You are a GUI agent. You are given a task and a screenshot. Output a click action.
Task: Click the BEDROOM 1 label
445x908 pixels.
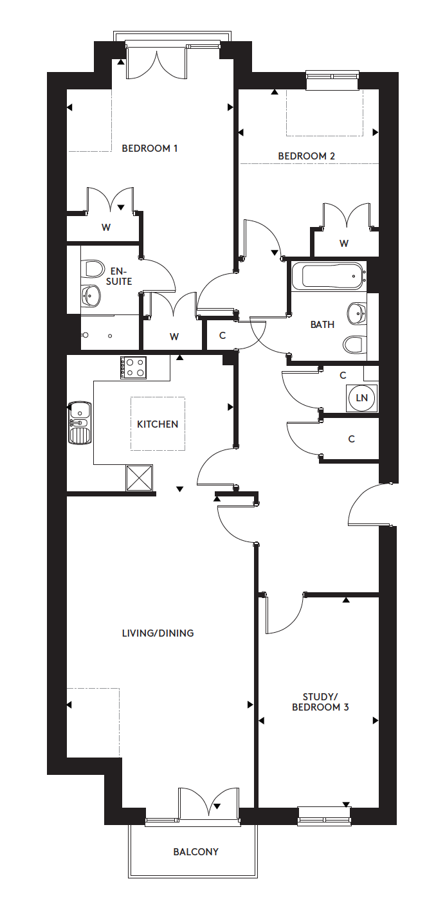point(150,149)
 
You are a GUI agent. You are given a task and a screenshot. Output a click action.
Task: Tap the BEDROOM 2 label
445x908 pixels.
point(306,156)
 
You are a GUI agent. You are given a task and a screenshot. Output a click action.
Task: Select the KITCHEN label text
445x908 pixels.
point(158,424)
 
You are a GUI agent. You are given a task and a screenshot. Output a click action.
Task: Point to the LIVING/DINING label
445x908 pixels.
point(158,633)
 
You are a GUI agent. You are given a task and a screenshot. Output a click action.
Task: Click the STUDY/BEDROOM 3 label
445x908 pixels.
point(320,702)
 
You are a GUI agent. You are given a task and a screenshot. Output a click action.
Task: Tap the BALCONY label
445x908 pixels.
point(195,852)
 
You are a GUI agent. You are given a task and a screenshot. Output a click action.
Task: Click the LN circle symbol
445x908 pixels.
point(362,398)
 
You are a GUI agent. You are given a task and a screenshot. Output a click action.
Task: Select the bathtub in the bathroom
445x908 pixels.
point(328,277)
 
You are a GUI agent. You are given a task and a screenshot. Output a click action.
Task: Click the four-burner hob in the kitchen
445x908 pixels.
point(133,368)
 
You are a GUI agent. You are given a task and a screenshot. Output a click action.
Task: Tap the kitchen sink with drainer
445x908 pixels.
point(80,422)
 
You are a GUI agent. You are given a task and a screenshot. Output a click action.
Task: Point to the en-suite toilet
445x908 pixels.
point(93,268)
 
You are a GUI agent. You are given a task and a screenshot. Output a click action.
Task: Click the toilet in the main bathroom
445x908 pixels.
point(354,345)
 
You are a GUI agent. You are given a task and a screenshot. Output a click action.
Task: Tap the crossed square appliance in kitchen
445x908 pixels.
point(140,478)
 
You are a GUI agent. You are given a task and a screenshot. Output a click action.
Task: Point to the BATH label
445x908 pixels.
point(322,325)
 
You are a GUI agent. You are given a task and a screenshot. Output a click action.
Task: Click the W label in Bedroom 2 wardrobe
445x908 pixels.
point(344,244)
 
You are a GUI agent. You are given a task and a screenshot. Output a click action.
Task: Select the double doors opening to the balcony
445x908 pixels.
point(209,804)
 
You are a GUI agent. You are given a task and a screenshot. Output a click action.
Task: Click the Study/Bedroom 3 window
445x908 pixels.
point(324,816)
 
